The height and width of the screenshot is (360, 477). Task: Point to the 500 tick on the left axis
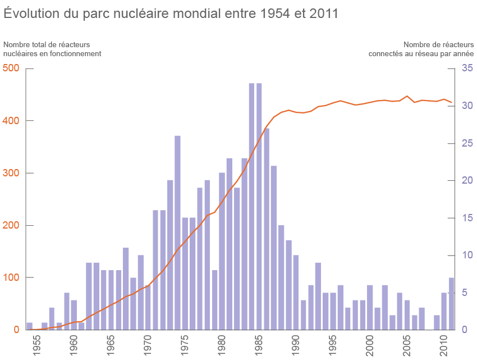[11, 69]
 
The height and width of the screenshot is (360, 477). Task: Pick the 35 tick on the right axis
[467, 69]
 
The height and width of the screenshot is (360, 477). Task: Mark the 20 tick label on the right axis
[467, 180]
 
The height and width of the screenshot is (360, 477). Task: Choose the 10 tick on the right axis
[467, 255]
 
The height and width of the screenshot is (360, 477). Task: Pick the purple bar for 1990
[296, 292]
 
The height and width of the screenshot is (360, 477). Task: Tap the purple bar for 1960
[74, 315]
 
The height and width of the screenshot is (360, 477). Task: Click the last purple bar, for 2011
[451, 304]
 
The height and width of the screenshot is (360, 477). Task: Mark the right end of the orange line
[451, 103]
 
